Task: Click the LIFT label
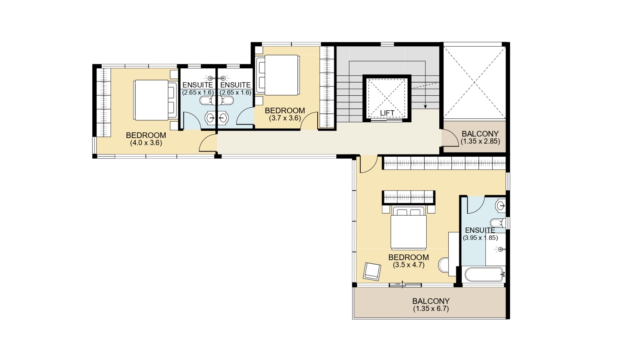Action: tap(387, 113)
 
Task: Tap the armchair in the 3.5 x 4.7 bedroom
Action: tap(372, 271)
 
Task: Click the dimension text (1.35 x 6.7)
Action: tap(431, 309)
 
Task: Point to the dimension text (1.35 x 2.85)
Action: tap(480, 141)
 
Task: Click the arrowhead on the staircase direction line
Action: tap(425, 107)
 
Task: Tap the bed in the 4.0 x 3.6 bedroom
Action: tap(155, 100)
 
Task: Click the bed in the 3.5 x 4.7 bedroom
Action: tap(409, 228)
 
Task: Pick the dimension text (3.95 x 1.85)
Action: tap(480, 238)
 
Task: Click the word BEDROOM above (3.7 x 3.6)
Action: tap(285, 111)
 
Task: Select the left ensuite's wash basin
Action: tap(210, 118)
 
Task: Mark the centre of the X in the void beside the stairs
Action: tap(474, 82)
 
